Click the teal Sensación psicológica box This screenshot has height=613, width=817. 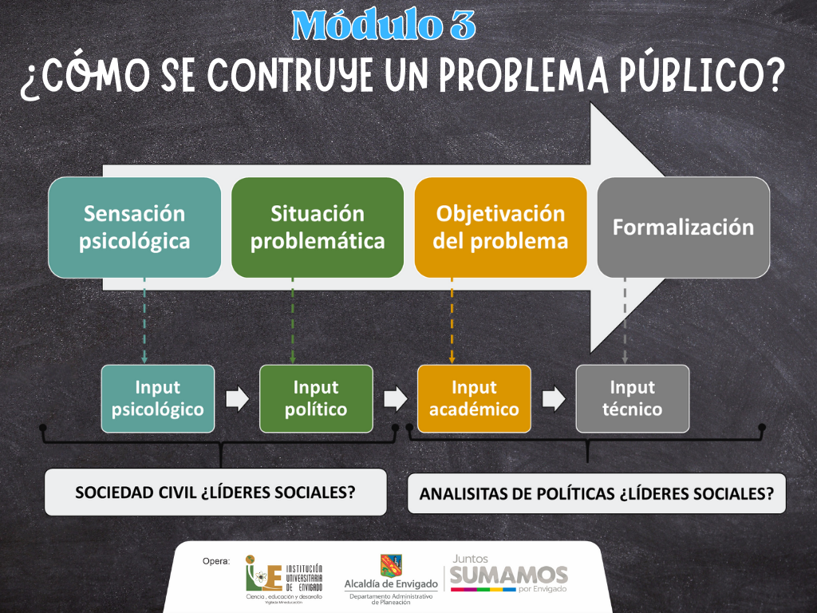pos(134,227)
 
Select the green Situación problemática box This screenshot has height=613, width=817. pos(318,227)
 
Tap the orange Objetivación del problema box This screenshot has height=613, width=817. pos(501,227)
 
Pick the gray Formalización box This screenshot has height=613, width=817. pos(683,227)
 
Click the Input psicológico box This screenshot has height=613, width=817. pos(158,399)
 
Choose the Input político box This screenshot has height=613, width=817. pos(316,399)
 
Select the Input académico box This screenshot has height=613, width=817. pos(474,399)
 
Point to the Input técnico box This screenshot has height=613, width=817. pos(633,399)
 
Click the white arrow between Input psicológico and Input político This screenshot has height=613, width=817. pos(238,399)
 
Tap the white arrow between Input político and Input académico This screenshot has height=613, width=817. pos(396,399)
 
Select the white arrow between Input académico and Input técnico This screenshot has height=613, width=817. pos(554,399)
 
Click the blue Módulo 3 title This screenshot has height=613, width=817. pos(384,25)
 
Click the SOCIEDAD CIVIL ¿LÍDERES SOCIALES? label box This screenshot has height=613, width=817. pos(215,492)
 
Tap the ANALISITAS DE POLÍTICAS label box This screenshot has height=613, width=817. pos(597,493)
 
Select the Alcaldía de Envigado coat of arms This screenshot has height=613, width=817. pos(391,566)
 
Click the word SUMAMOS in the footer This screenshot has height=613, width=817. pos(508,575)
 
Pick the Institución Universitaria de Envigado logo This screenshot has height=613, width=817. pos(285,579)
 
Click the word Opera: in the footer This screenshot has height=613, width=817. pos(216,561)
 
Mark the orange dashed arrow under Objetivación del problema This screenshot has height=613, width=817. pos(452,321)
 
